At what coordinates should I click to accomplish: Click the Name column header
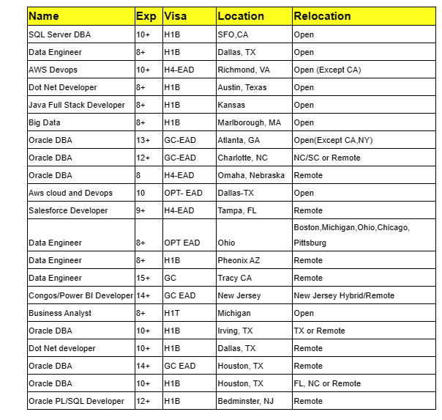point(44,15)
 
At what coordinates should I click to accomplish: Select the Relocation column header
point(322,15)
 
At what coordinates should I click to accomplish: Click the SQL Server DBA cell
point(60,34)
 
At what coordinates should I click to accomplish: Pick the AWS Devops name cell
point(53,70)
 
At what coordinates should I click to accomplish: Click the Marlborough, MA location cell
point(249,122)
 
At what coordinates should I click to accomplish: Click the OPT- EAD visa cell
point(182,193)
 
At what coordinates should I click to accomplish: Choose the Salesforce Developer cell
point(68,210)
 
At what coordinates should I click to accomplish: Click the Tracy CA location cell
point(235,278)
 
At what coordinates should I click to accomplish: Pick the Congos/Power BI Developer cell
point(80,295)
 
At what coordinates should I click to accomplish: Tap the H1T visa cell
point(172,313)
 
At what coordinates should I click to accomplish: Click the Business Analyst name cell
point(60,313)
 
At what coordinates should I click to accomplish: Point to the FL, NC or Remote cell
point(327,383)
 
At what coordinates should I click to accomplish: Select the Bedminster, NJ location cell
point(245,401)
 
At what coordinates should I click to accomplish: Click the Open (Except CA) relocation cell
point(327,70)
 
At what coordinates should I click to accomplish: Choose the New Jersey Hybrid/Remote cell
point(344,295)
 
